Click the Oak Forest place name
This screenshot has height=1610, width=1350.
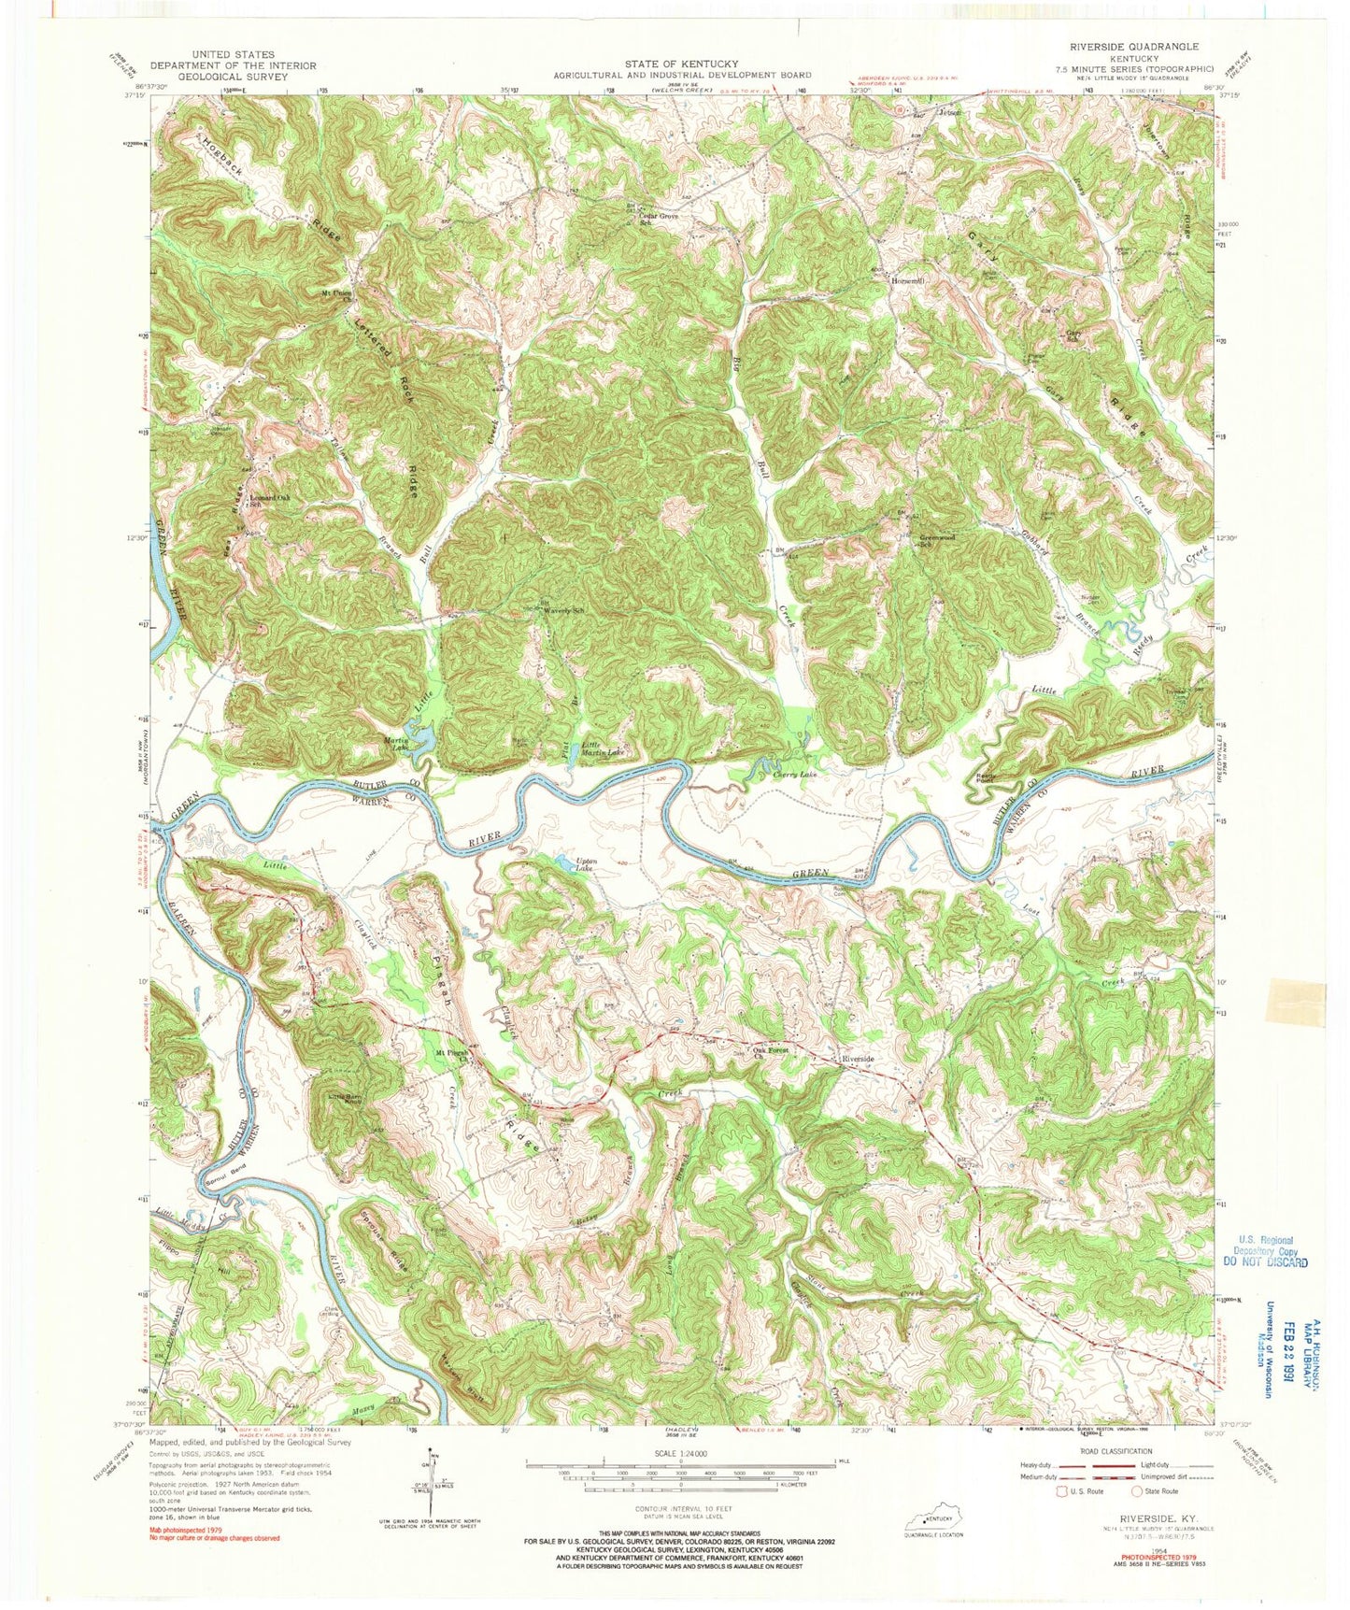pos(771,1050)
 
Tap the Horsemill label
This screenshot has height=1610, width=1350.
pos(906,280)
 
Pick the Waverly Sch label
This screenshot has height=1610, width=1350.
pos(564,610)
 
